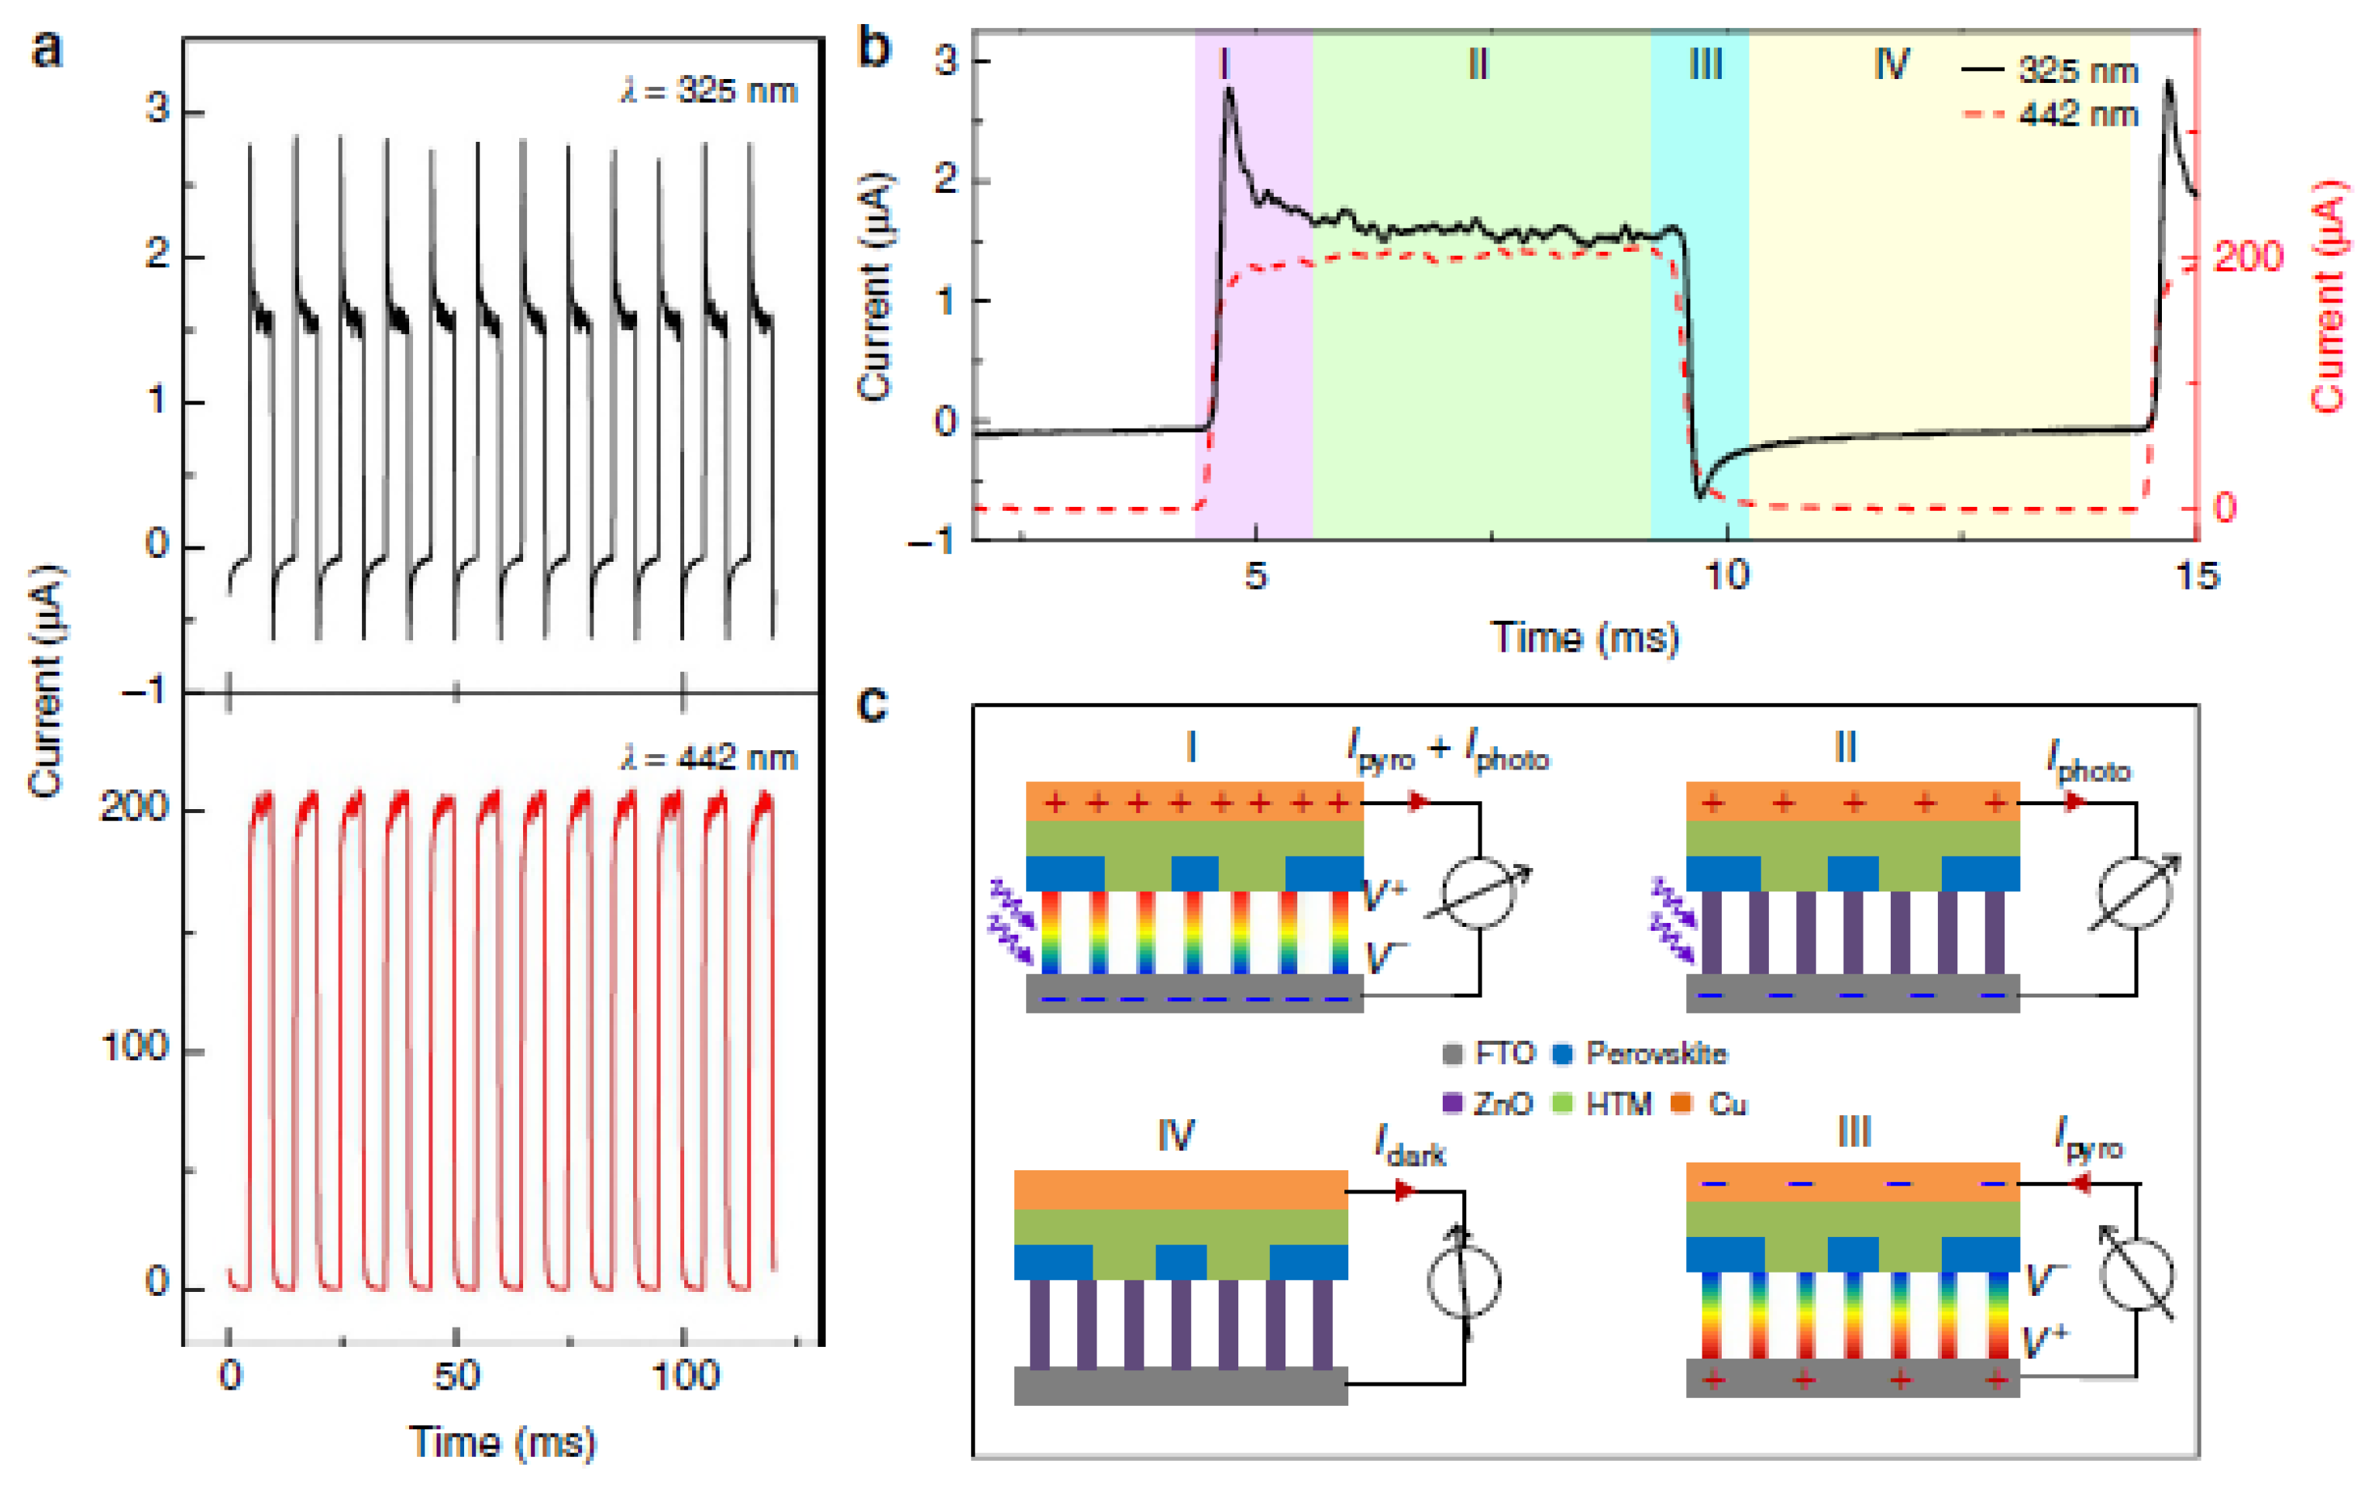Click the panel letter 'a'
point(46,49)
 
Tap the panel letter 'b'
point(873,47)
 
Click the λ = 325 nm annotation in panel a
point(708,91)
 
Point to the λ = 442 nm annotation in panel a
point(708,758)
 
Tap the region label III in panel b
point(1705,65)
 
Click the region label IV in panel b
point(1891,65)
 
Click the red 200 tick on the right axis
point(2248,257)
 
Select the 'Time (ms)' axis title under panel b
point(1585,639)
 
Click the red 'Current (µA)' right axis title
point(2328,295)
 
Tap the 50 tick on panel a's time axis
point(456,1375)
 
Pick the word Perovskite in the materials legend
point(1656,1054)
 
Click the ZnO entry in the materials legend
point(1502,1104)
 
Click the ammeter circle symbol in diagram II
point(2134,893)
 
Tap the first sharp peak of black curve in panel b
point(1229,91)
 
